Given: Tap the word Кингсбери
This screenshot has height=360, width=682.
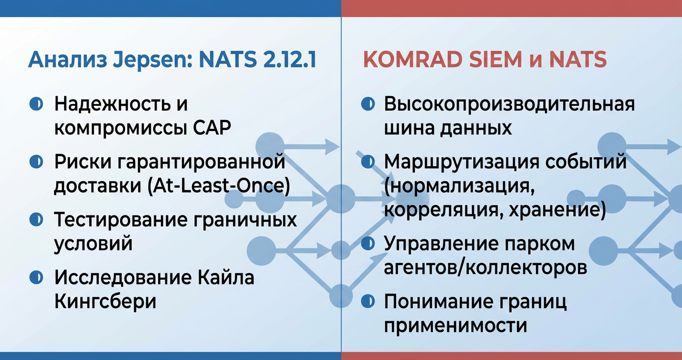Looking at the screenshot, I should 105,302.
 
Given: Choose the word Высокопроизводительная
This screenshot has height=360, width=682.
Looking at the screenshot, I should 510,104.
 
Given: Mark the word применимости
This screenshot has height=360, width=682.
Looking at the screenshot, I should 455,326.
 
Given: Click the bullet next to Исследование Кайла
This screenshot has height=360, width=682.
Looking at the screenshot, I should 36,277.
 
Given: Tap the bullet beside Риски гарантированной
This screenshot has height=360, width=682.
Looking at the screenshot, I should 36,162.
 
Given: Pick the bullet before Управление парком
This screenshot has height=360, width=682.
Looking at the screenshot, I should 367,244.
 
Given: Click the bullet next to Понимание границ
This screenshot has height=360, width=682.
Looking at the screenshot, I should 367,301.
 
